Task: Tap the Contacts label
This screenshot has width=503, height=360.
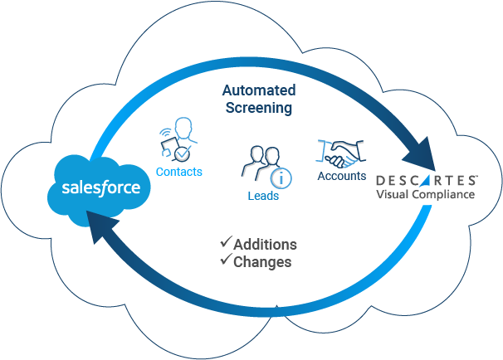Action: pyautogui.click(x=179, y=172)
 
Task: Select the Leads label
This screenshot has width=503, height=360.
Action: pyautogui.click(x=263, y=197)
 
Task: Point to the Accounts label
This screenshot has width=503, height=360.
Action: pyautogui.click(x=341, y=176)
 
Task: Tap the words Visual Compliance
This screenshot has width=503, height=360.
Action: pyautogui.click(x=425, y=194)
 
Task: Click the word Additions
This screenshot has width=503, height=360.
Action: pyautogui.click(x=265, y=245)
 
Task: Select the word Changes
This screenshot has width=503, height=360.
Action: pyautogui.click(x=262, y=262)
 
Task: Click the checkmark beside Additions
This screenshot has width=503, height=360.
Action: pyautogui.click(x=225, y=244)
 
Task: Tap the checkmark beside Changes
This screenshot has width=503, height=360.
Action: pyautogui.click(x=225, y=261)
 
